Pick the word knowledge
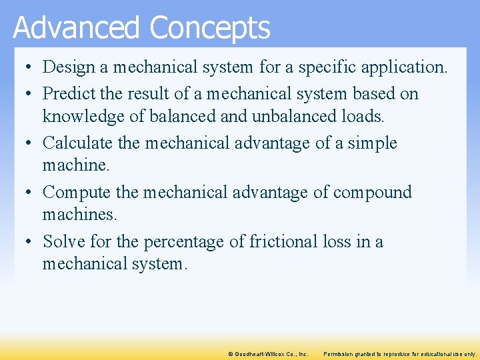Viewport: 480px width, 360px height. point(85,117)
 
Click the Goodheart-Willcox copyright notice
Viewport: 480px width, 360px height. point(267,353)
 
